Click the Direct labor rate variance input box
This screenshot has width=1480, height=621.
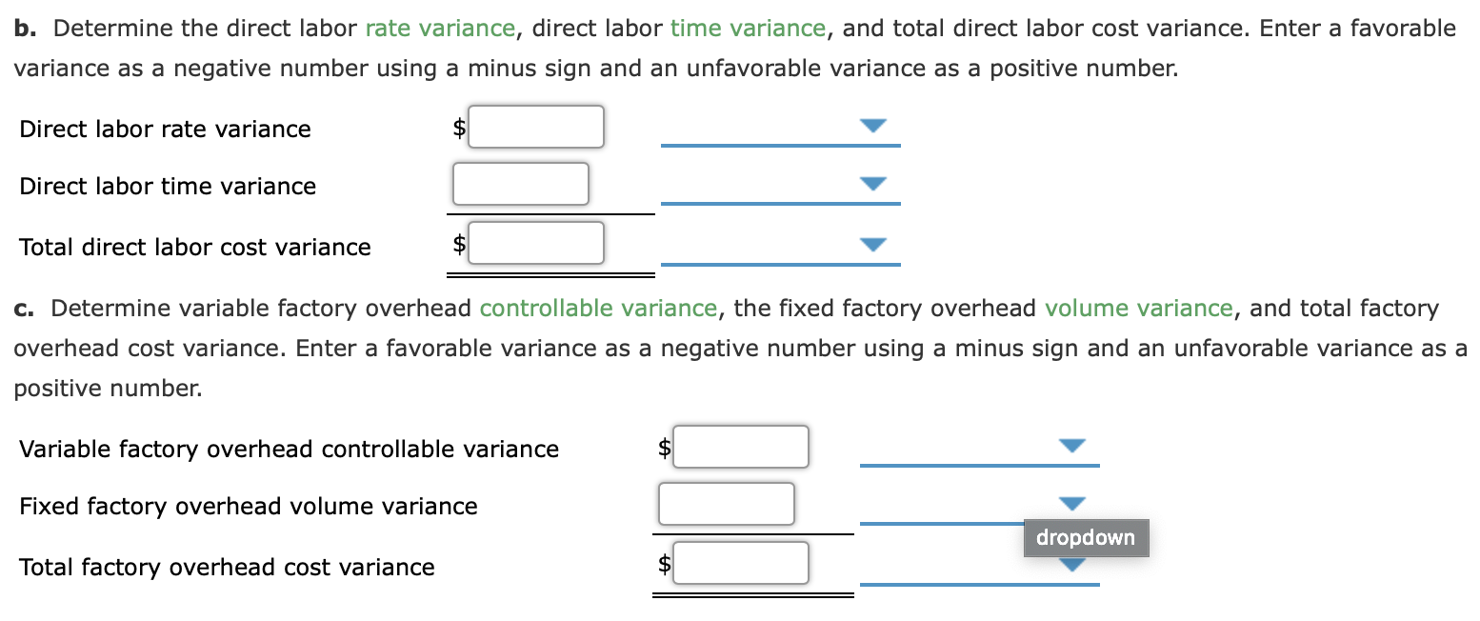(x=536, y=127)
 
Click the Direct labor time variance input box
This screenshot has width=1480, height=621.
(x=520, y=184)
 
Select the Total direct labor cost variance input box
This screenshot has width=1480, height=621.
(x=536, y=243)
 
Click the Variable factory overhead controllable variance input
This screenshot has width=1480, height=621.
(x=741, y=447)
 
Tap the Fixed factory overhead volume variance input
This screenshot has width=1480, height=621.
(x=726, y=504)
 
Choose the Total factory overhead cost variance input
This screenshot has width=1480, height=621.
(x=741, y=563)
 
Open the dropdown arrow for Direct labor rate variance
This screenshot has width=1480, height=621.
(x=872, y=126)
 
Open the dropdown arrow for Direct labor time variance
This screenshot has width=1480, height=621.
(x=872, y=183)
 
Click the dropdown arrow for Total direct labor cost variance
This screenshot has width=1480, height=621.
(x=872, y=244)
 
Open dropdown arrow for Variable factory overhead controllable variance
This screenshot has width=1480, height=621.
(x=1072, y=446)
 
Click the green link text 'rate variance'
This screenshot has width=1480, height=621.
(x=439, y=29)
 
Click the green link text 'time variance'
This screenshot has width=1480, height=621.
(x=748, y=29)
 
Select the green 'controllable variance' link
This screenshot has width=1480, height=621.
(x=598, y=309)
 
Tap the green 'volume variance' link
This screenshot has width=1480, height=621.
(x=1138, y=309)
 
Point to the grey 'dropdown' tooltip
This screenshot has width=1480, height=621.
(x=1086, y=538)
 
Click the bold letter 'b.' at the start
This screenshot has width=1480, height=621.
(x=26, y=29)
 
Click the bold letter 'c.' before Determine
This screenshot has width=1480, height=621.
(x=25, y=309)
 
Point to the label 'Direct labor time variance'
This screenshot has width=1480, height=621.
(x=168, y=187)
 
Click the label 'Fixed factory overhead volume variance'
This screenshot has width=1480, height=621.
(x=249, y=507)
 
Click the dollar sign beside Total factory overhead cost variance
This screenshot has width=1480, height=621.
(x=666, y=564)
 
